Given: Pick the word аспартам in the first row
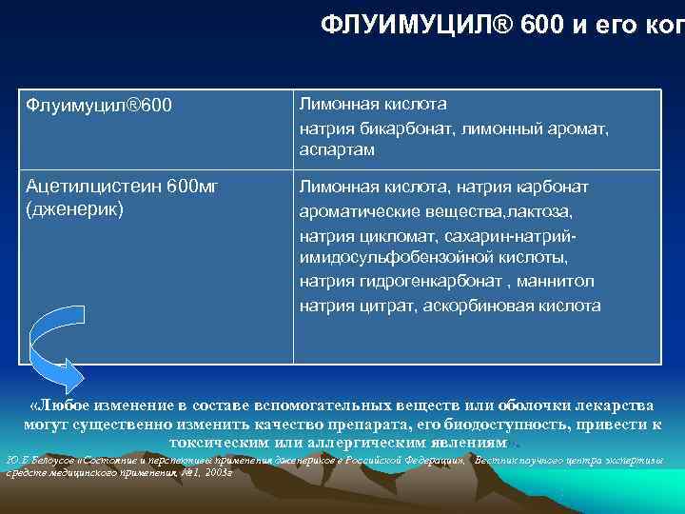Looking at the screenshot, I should coord(337,149).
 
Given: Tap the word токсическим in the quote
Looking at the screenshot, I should coord(215,443).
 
